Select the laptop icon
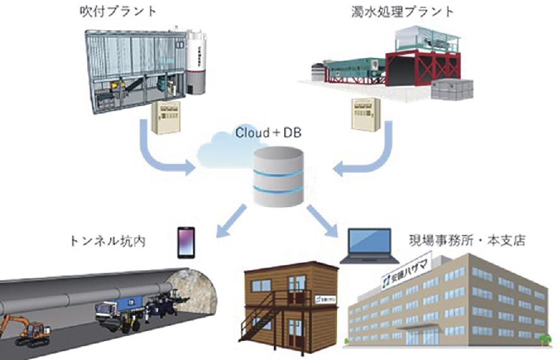pos(369,246)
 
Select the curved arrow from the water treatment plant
pos(372,155)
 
